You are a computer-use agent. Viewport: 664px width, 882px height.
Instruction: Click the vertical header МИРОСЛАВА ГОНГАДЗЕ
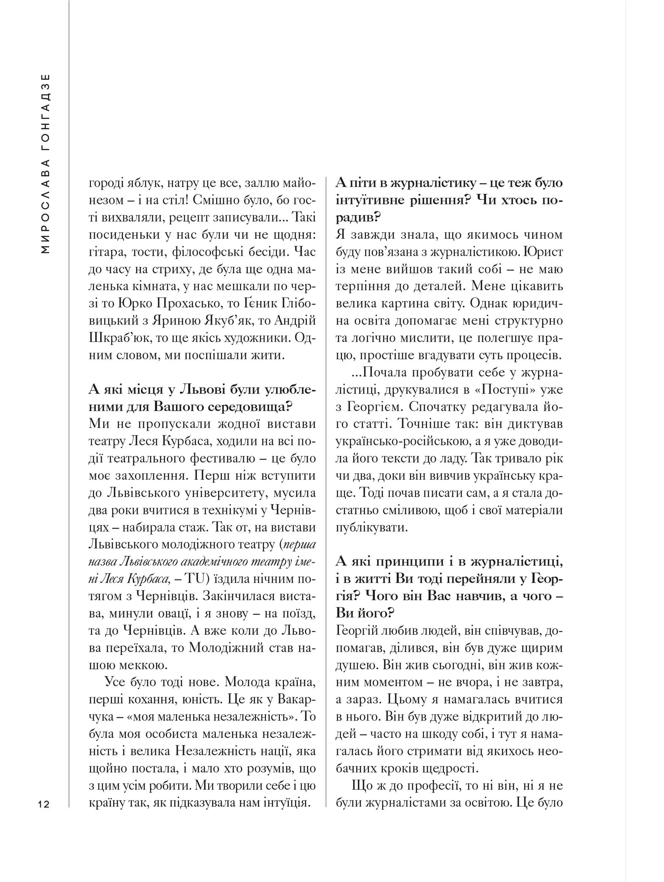coord(46,164)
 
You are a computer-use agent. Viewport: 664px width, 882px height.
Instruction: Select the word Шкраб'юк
coord(117,338)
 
